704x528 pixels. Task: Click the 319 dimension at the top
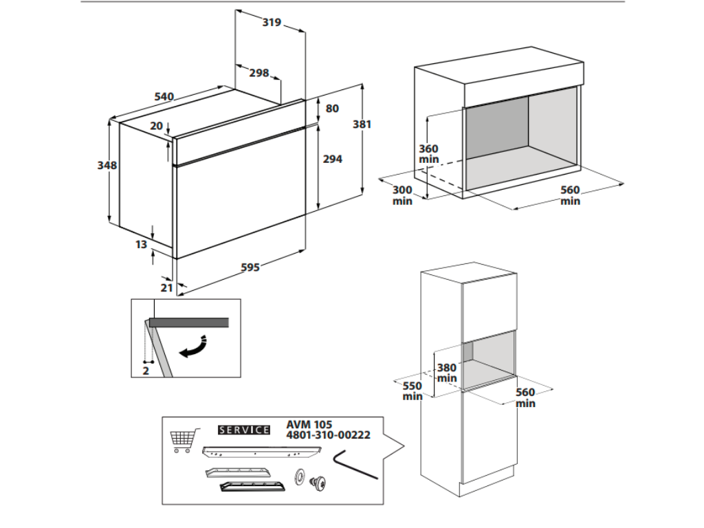click(x=272, y=22)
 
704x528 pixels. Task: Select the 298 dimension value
click(x=258, y=74)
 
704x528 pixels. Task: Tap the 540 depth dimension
click(x=164, y=96)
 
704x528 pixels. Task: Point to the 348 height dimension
click(x=107, y=165)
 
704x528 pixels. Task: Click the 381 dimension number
click(x=362, y=124)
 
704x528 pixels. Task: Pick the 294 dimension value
click(x=332, y=158)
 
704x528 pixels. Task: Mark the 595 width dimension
click(x=250, y=267)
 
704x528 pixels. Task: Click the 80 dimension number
click(x=332, y=108)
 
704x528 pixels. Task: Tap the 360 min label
click(x=428, y=154)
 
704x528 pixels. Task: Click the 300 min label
click(x=402, y=195)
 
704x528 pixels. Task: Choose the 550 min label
click(x=412, y=391)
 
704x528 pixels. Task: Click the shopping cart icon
click(x=183, y=439)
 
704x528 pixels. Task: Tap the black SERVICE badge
click(x=243, y=430)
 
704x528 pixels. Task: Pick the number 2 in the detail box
click(x=146, y=370)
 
